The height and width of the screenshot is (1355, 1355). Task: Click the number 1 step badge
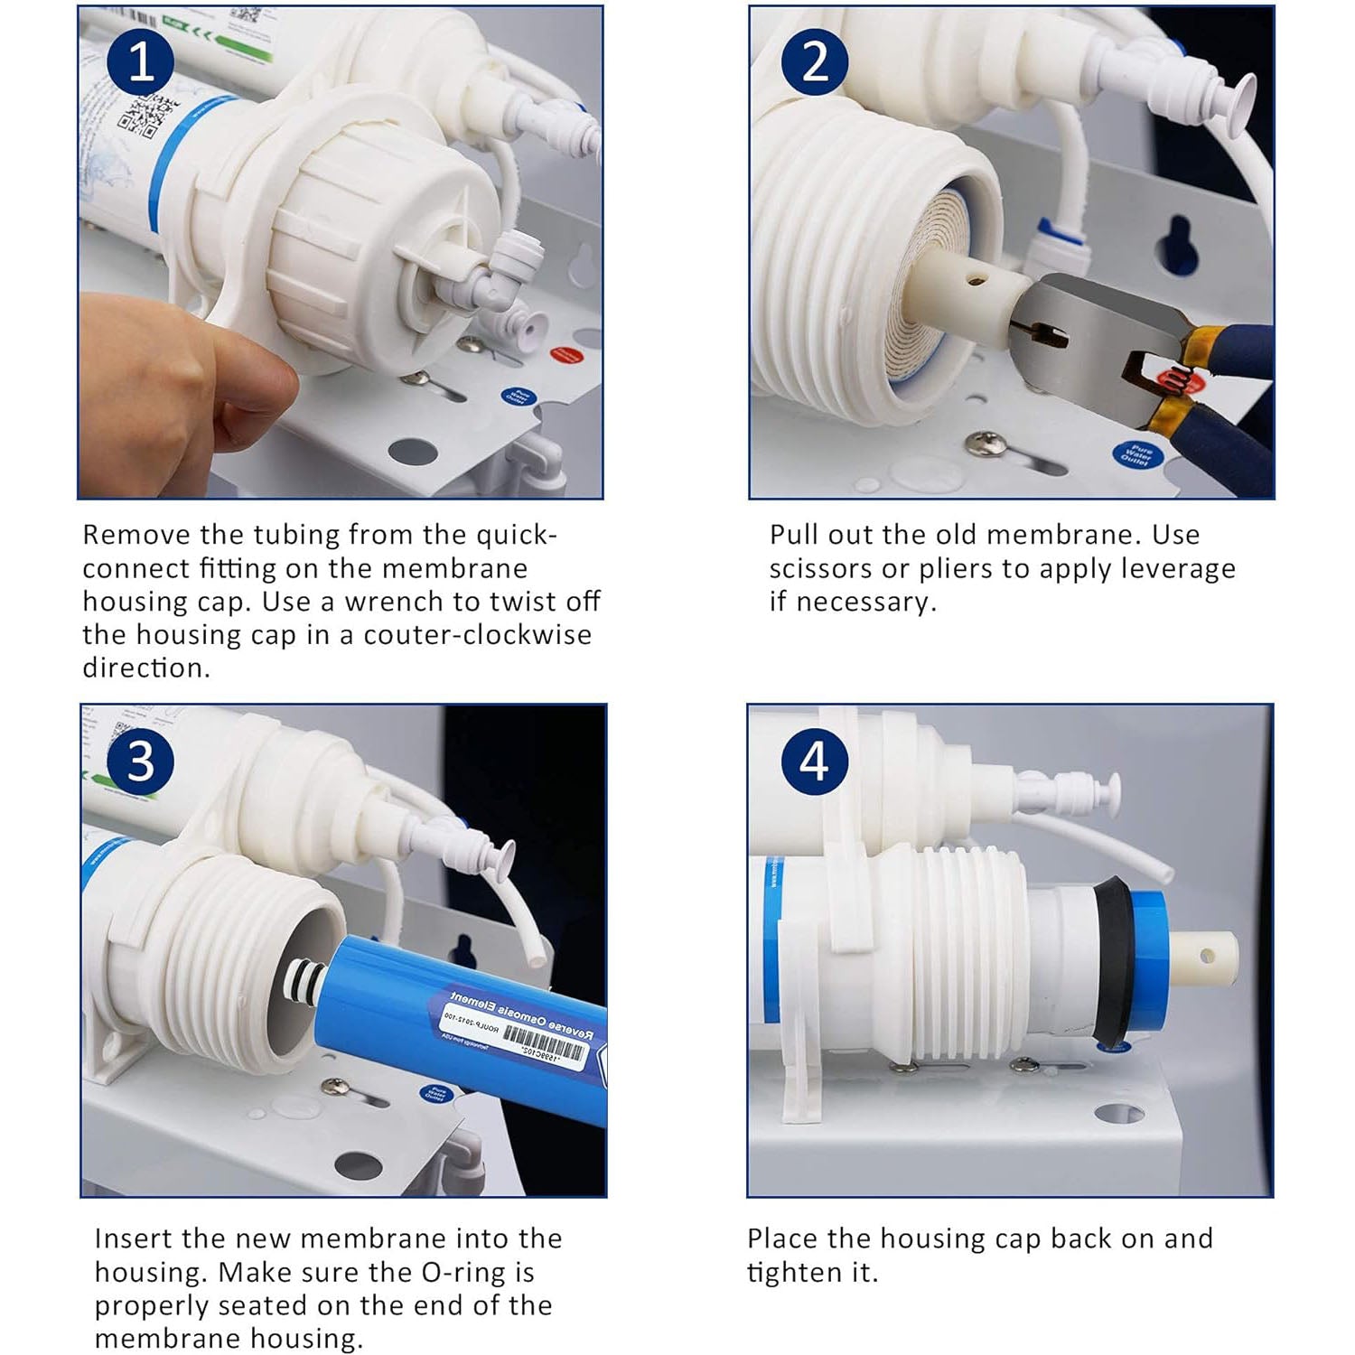pyautogui.click(x=141, y=61)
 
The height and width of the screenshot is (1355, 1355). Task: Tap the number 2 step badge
pyautogui.click(x=815, y=61)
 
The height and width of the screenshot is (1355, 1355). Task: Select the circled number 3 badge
pyautogui.click(x=141, y=761)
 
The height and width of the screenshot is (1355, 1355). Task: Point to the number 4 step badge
pyautogui.click(x=814, y=761)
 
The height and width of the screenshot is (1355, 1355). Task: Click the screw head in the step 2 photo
pyautogui.click(x=979, y=442)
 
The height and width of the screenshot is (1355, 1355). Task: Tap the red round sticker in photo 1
pyautogui.click(x=565, y=355)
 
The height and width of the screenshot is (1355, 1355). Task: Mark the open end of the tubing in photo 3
pyautogui.click(x=537, y=953)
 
